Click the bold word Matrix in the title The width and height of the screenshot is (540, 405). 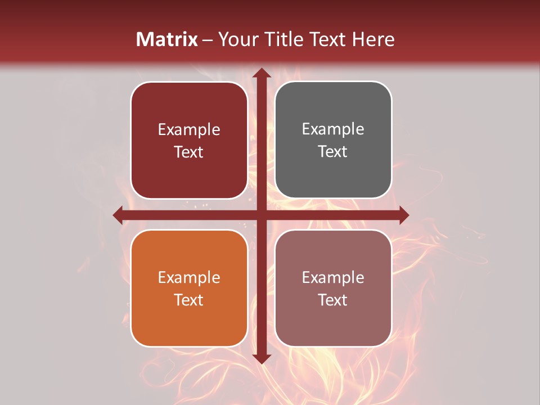167,39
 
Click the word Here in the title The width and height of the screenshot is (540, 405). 373,39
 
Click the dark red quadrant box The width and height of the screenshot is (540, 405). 189,141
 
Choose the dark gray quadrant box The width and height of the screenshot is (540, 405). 333,140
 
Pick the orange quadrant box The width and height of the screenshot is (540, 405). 189,288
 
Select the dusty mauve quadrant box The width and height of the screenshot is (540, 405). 333,288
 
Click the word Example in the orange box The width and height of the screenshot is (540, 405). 189,277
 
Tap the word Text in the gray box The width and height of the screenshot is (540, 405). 333,152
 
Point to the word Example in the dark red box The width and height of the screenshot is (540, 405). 189,130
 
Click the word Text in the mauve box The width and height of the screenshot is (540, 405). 333,300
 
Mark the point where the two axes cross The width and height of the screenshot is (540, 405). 262,215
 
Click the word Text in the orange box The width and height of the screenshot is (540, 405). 189,300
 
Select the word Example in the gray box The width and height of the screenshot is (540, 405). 333,129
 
